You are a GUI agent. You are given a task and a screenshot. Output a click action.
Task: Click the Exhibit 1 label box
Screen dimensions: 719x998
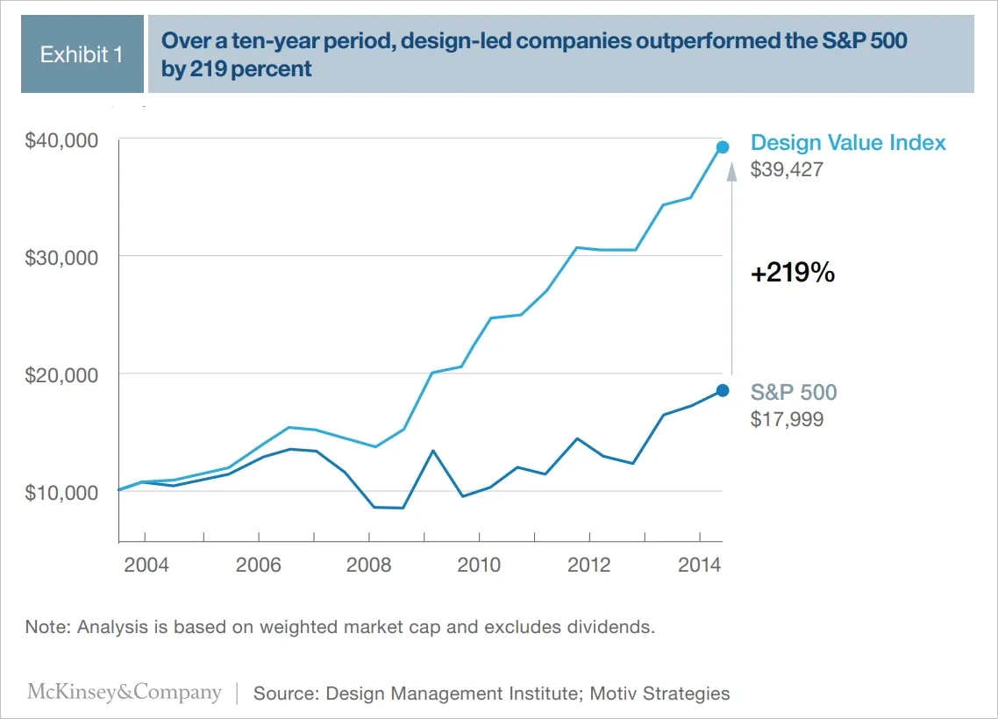point(82,54)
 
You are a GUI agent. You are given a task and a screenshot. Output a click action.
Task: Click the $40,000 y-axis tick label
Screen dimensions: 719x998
point(61,140)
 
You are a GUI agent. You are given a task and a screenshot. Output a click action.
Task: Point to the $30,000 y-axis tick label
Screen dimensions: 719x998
point(61,257)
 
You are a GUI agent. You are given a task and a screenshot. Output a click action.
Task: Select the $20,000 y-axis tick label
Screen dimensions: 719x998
point(61,374)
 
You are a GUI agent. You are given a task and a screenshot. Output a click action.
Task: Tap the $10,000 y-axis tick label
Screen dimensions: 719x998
point(61,492)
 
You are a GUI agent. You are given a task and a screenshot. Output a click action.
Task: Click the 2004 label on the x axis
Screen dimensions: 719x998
point(146,564)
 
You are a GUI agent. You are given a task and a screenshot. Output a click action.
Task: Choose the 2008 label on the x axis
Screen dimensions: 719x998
point(368,564)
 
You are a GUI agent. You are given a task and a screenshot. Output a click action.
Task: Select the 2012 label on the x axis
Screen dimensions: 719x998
point(588,564)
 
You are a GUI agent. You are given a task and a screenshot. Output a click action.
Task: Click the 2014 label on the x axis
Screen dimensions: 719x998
point(699,564)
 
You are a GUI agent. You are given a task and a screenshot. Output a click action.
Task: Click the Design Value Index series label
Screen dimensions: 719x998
point(848,143)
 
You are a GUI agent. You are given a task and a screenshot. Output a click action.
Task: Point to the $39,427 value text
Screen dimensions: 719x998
point(787,169)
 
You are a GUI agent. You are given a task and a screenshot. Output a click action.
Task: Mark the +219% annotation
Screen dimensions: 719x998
point(792,274)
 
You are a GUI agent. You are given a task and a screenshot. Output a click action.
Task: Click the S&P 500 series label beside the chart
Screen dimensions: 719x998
point(794,392)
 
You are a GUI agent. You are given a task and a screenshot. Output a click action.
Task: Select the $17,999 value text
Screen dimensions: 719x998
point(787,419)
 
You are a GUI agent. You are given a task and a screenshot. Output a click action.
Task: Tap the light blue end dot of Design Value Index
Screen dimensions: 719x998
point(723,147)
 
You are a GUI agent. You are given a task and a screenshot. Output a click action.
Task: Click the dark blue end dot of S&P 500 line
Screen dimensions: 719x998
point(723,390)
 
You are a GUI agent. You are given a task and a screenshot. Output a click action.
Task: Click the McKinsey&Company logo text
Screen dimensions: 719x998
point(125,693)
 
